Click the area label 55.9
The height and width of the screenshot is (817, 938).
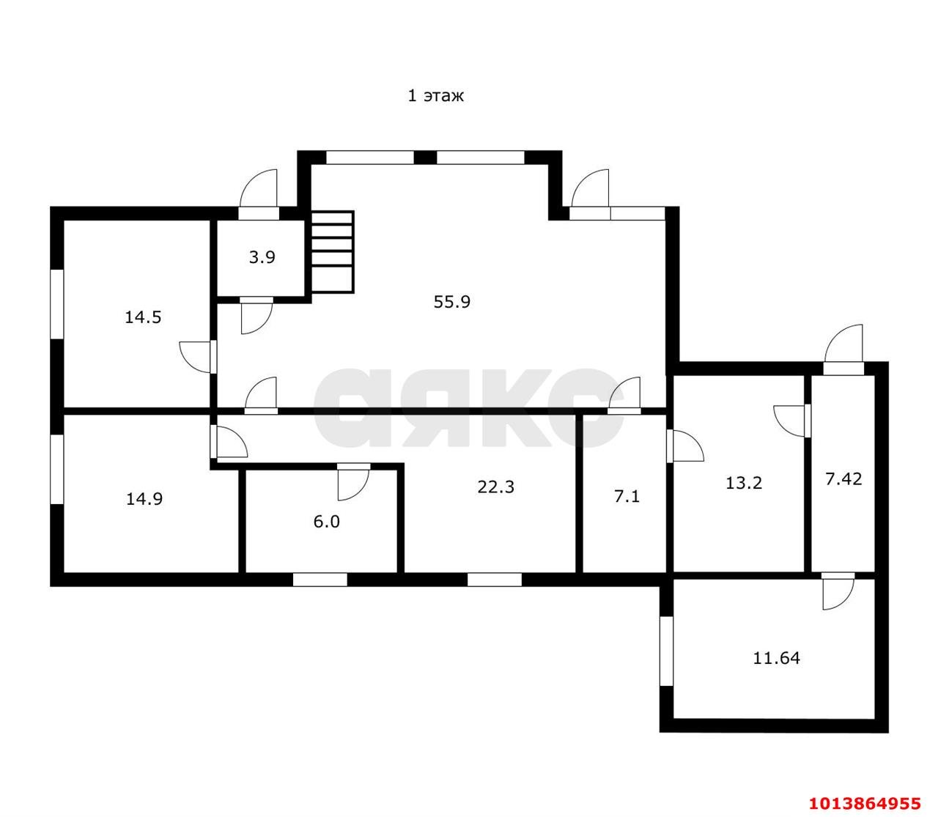tap(451, 302)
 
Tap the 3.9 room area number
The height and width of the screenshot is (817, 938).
tap(262, 257)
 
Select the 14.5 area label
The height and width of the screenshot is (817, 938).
tap(143, 317)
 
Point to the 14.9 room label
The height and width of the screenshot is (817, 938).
tap(144, 498)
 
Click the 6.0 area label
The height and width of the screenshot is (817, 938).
tap(326, 522)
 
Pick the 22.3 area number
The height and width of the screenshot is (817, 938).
tap(495, 487)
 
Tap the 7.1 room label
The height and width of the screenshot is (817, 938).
tap(627, 496)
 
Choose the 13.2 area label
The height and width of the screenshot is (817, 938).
tap(744, 482)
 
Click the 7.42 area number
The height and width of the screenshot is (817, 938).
tap(843, 478)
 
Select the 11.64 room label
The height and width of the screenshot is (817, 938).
tap(777, 658)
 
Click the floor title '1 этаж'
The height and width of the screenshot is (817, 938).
tap(435, 96)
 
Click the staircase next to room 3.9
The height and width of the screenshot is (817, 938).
tap(331, 251)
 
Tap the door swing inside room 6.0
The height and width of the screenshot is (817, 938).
tap(353, 481)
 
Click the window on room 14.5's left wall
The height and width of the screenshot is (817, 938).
tap(57, 304)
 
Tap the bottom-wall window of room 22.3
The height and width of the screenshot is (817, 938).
tap(495, 580)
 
